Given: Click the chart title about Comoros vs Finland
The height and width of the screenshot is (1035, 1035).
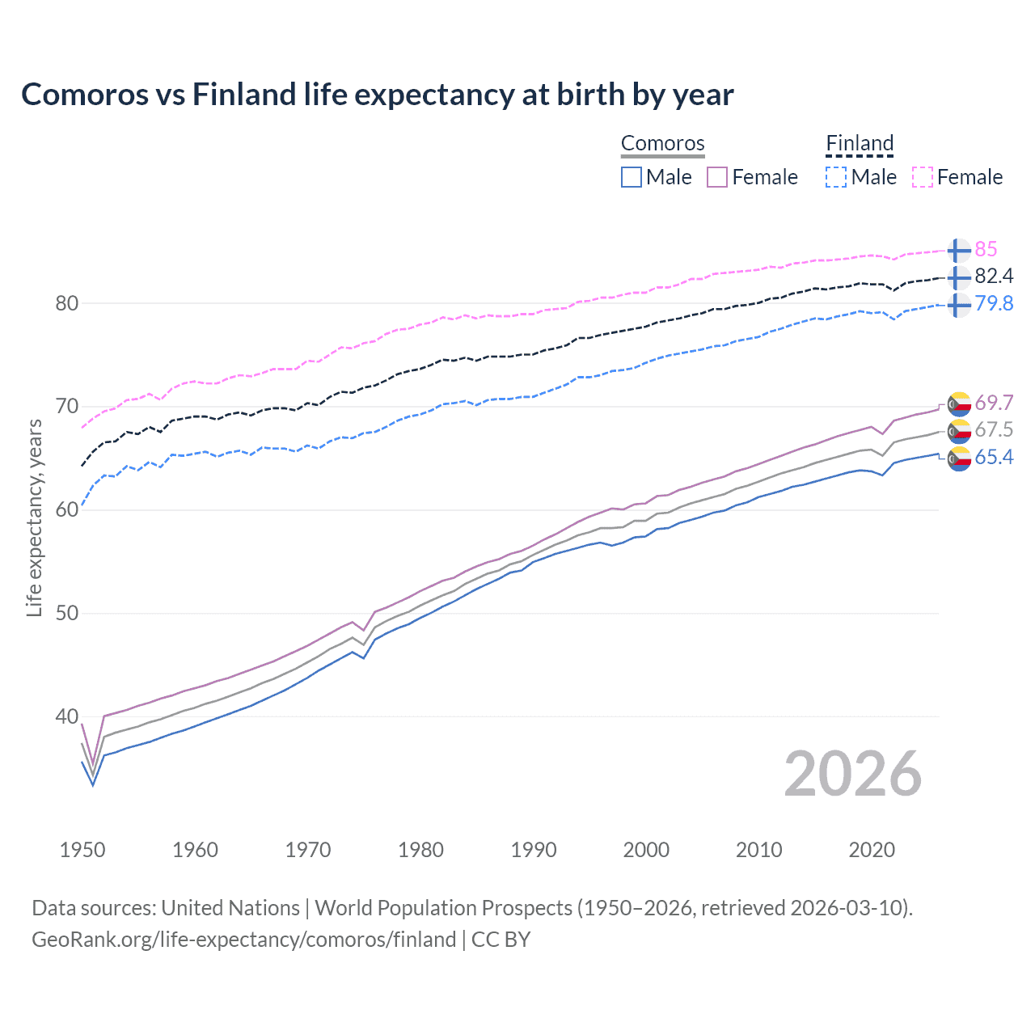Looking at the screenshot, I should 377,95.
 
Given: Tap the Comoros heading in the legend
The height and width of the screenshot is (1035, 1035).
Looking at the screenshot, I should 662,144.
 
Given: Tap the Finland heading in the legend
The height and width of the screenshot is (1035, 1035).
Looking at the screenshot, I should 860,144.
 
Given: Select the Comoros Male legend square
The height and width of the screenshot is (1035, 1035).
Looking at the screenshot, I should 632,177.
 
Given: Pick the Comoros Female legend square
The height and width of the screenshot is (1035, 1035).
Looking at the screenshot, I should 717,177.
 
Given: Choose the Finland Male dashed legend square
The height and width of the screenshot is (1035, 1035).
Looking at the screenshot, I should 836,177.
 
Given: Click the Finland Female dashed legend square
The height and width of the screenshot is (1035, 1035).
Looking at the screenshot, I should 923,177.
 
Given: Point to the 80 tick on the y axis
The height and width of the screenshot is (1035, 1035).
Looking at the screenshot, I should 66,304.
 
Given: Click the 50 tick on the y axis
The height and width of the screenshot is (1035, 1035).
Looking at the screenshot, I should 66,613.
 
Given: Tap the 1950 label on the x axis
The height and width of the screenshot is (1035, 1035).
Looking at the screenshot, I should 82,850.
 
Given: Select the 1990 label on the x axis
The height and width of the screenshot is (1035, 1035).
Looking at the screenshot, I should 534,850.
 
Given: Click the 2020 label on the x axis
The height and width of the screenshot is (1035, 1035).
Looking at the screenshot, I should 872,850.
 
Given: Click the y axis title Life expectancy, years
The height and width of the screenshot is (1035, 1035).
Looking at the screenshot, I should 34,518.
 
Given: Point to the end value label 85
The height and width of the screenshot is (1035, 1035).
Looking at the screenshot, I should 986,250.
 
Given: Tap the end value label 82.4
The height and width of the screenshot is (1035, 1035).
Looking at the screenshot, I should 994,277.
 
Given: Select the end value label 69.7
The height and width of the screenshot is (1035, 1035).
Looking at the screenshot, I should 994,403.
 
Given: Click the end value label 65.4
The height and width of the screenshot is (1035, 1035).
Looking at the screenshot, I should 994,458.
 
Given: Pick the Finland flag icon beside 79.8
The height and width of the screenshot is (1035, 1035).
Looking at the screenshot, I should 958,305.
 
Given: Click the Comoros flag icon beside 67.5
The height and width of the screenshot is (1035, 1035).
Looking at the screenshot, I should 959,430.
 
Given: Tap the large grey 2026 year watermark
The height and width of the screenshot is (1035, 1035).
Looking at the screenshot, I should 852,774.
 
